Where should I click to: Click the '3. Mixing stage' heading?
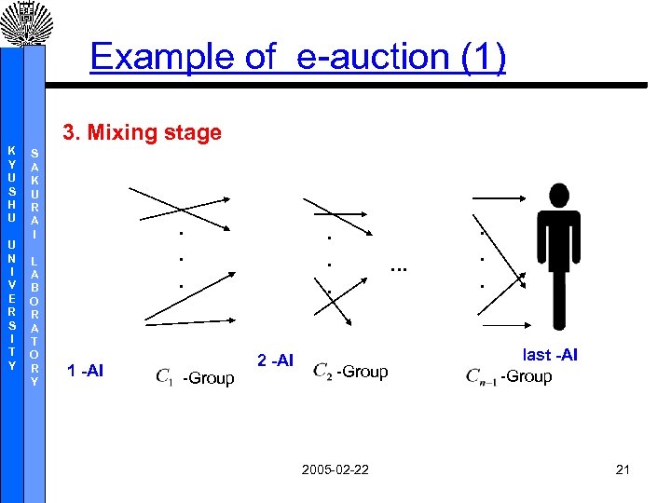142,132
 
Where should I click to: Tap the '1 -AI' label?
86,372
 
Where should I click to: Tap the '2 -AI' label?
275,360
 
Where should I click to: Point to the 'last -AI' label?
550,355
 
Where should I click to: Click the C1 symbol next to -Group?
165,376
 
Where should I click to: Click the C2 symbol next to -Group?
322,371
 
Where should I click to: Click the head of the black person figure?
559,197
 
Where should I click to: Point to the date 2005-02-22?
335,469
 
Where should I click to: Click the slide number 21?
623,469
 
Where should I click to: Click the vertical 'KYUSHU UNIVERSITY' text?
11,257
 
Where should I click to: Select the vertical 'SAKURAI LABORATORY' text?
34,266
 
